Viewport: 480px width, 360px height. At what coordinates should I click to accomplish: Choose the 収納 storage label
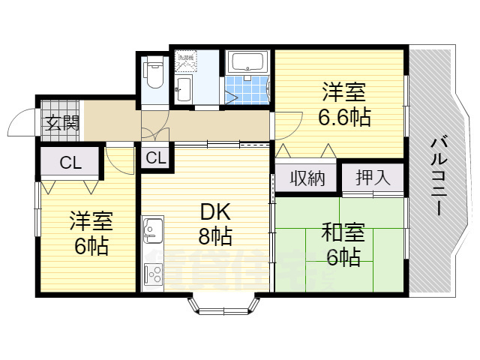(x=307, y=178)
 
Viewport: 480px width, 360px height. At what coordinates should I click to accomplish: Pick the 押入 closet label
(x=373, y=178)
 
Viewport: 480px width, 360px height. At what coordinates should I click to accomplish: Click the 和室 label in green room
(x=343, y=234)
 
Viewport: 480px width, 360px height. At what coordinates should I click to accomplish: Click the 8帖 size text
(x=215, y=237)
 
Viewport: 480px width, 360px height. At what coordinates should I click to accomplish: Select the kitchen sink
(x=153, y=229)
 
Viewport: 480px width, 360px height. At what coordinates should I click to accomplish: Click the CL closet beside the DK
(x=156, y=157)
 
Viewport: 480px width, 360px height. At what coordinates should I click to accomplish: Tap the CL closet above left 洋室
(x=70, y=161)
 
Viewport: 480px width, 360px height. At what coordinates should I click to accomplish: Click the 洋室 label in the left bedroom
(x=91, y=222)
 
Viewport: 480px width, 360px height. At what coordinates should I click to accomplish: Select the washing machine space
(x=185, y=60)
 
